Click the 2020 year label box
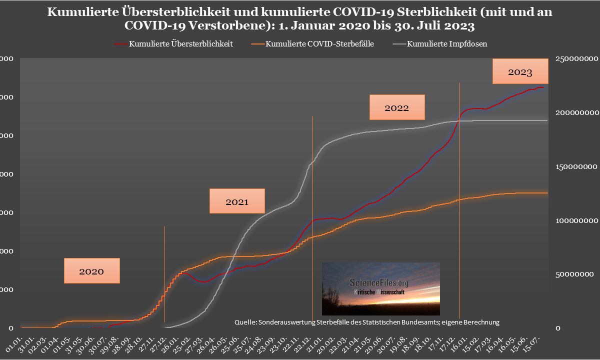91,271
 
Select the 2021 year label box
236,201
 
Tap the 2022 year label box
396,107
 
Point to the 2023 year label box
520,71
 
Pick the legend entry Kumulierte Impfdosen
447,44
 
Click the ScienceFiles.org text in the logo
378,283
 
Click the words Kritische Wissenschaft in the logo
381,291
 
